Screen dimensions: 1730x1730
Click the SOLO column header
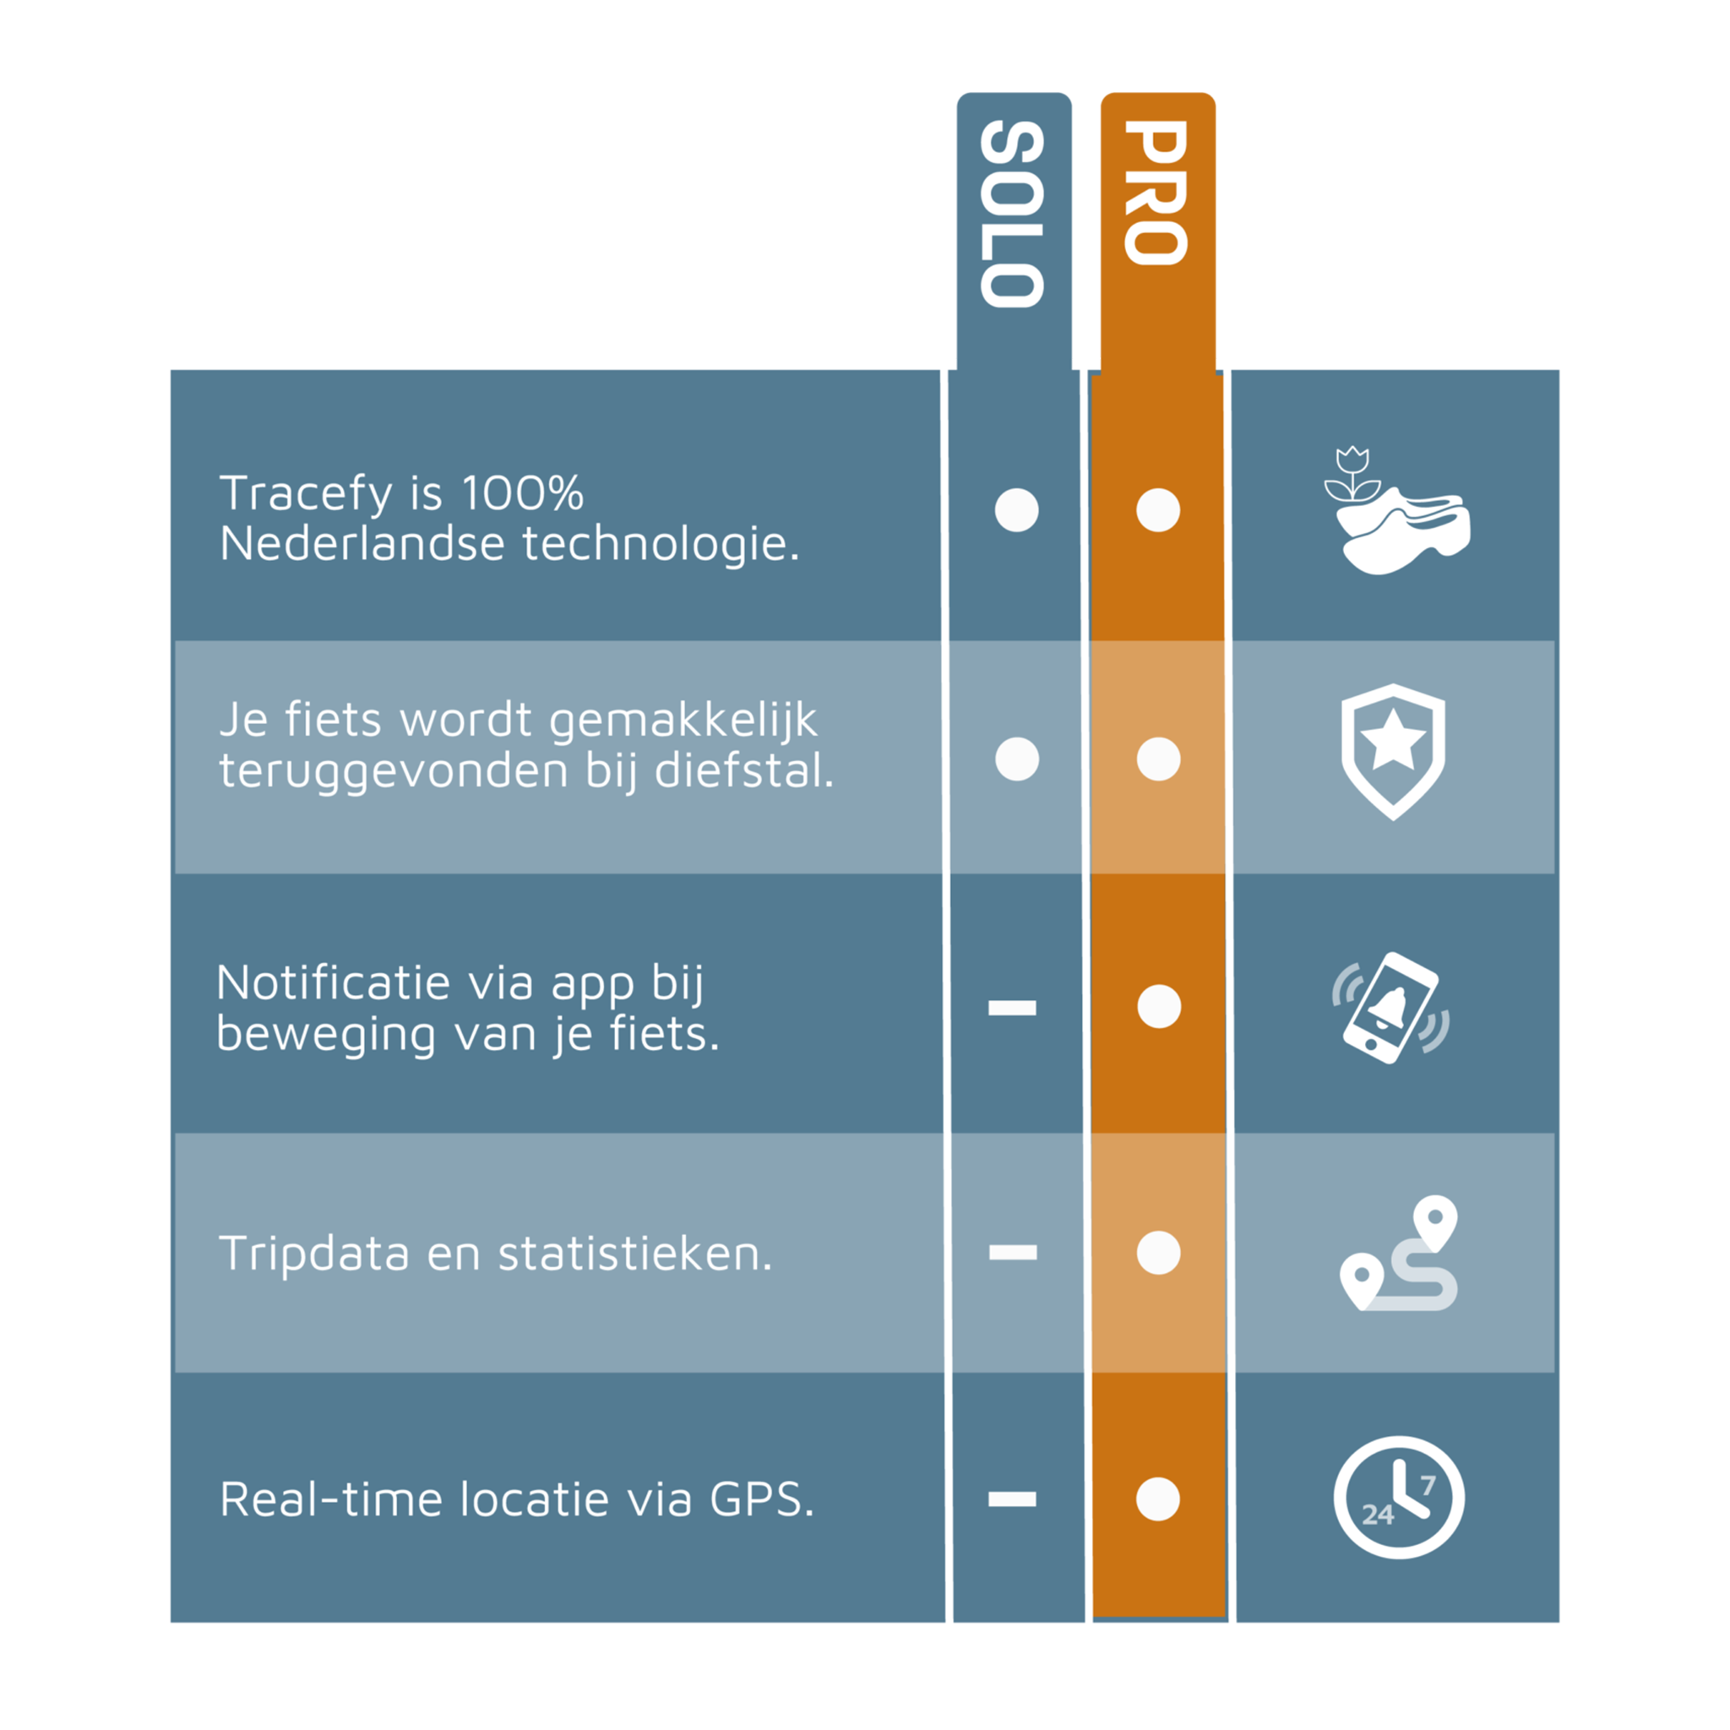pos(1013,214)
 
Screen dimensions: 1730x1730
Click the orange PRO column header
pos(1156,193)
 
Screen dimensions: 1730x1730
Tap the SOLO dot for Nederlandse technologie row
pos(1016,510)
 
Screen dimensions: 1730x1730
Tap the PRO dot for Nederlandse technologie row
pos(1158,510)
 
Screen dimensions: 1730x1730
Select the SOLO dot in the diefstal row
pos(1017,759)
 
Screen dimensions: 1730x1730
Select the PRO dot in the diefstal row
pos(1159,759)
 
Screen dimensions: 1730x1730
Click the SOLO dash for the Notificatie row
pos(1012,1009)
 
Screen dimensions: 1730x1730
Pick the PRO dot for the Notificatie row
pos(1160,1006)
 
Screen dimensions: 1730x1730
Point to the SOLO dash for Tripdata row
pos(1013,1253)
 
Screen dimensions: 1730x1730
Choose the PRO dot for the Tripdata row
pos(1159,1253)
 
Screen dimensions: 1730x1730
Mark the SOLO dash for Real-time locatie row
pos(1012,1499)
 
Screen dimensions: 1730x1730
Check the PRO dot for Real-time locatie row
pos(1158,1499)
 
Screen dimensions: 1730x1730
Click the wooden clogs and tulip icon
pos(1397,510)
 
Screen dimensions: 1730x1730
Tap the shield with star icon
pos(1393,752)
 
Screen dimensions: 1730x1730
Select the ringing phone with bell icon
pos(1390,1009)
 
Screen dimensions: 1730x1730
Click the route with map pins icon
pos(1399,1253)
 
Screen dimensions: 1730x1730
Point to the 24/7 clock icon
pos(1399,1498)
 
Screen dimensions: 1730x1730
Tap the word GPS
pos(762,1500)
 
